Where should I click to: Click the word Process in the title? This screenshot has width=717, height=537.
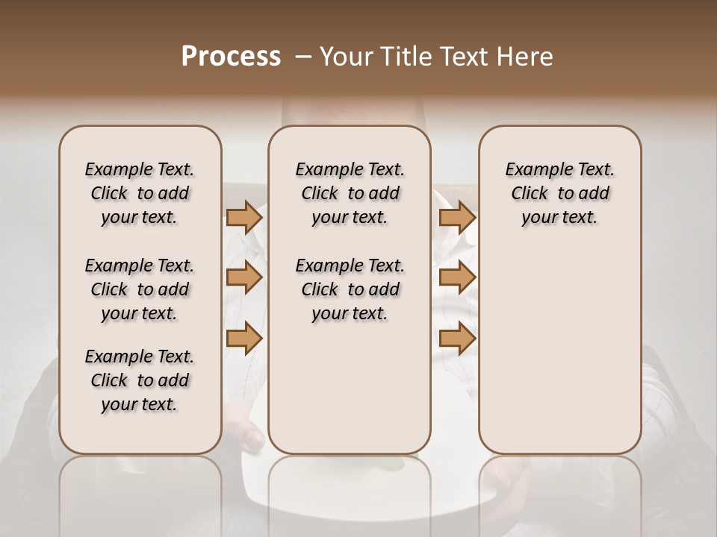(x=231, y=57)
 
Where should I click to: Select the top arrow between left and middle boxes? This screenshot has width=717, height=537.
(x=243, y=217)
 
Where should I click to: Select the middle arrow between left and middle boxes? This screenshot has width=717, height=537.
(x=243, y=278)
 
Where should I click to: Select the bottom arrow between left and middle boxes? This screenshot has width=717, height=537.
(x=243, y=339)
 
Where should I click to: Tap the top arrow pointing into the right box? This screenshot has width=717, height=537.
(x=457, y=217)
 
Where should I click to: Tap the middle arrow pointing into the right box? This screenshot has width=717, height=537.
(x=457, y=278)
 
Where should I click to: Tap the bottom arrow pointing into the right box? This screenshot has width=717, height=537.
(x=457, y=339)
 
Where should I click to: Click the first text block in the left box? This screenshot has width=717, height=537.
(x=140, y=193)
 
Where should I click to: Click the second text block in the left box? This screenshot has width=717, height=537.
(x=140, y=289)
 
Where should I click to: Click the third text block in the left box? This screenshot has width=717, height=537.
(x=140, y=380)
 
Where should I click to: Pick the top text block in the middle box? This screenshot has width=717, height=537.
(x=350, y=193)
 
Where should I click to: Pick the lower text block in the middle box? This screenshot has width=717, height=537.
(x=350, y=289)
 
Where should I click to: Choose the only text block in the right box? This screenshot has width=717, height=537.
(x=559, y=193)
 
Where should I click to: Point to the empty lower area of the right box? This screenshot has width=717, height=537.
(x=559, y=358)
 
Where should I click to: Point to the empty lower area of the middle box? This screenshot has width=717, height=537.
(x=350, y=388)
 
